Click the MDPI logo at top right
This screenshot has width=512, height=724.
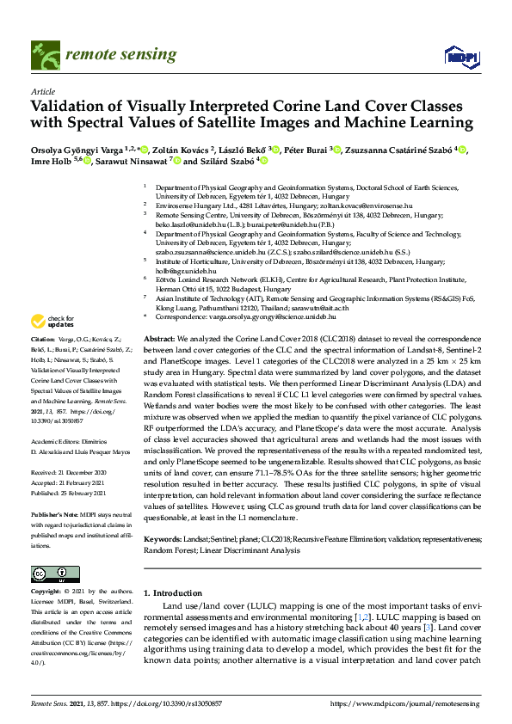coord(461,57)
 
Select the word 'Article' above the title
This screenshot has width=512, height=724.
coord(43,90)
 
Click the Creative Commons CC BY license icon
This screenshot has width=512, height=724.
coord(50,574)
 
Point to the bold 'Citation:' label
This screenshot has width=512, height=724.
coord(43,341)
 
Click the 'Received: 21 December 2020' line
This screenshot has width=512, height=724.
coord(69,474)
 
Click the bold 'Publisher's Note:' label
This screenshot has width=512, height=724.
coord(56,512)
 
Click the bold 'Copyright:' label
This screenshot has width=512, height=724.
coord(47,592)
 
